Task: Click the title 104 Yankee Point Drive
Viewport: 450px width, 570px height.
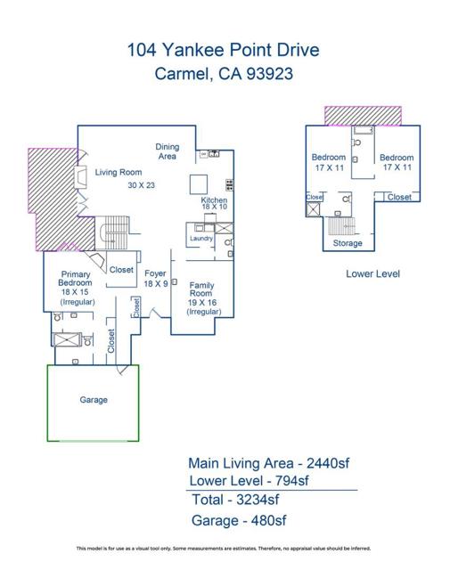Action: (224, 52)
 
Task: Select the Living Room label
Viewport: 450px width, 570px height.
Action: (119, 172)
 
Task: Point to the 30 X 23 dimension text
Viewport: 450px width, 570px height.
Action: (141, 185)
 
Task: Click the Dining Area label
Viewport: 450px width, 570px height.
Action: (167, 151)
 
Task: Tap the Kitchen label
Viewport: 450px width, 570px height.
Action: (214, 201)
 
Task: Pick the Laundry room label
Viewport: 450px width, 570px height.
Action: (200, 238)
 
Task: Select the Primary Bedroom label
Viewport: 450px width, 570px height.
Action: (77, 280)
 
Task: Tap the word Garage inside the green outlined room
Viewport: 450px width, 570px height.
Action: (94, 400)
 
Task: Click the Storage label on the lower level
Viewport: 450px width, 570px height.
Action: (347, 243)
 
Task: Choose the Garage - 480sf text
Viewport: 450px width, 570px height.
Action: (239, 520)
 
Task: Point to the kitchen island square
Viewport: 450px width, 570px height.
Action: (199, 183)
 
